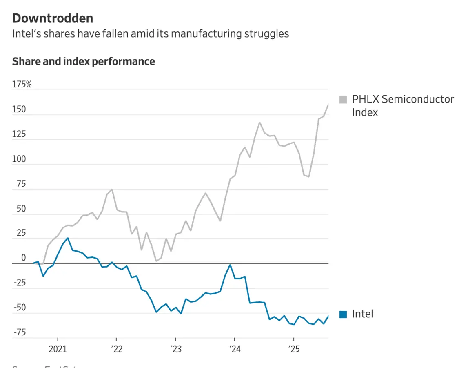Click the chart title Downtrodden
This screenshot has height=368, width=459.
(53, 18)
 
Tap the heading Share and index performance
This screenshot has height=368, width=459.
(84, 62)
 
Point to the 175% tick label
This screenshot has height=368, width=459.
(22, 85)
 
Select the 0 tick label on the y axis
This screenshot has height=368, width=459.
(24, 258)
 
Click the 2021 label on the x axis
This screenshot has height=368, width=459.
(58, 350)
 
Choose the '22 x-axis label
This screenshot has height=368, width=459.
(116, 350)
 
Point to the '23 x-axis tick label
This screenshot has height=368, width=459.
(175, 350)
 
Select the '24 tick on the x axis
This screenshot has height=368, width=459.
(235, 350)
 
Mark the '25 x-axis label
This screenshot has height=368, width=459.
(294, 350)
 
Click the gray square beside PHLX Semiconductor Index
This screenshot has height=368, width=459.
(343, 100)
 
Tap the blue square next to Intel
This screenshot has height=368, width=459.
(343, 314)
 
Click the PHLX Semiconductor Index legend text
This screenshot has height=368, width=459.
(403, 105)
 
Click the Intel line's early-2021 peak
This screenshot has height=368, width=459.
(68, 238)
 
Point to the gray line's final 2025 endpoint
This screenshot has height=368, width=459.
(328, 104)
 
